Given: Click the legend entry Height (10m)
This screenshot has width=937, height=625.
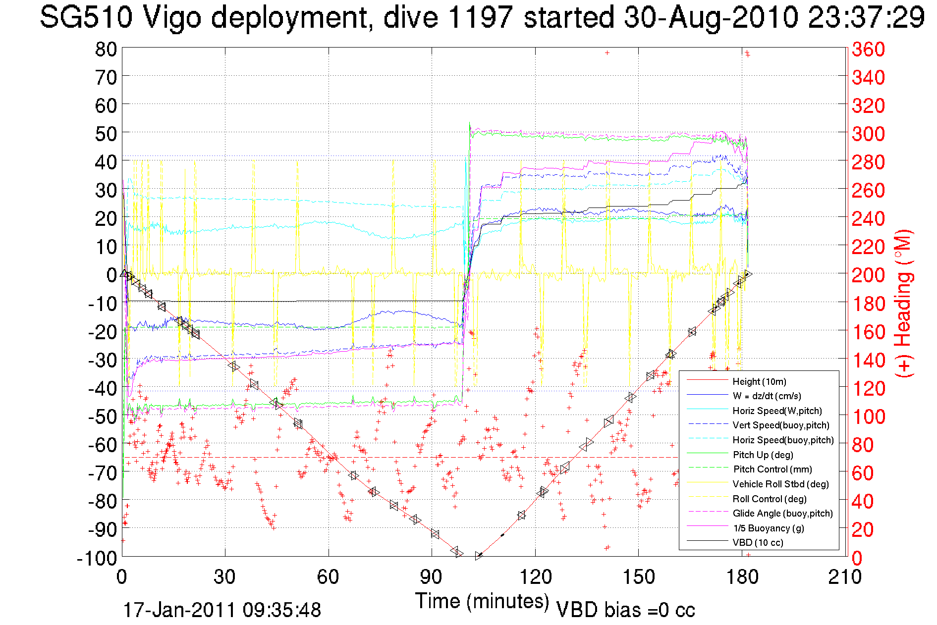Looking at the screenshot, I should (759, 381).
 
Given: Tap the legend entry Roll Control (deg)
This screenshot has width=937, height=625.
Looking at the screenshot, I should (770, 499).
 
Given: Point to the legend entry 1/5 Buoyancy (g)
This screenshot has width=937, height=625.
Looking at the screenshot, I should (769, 528).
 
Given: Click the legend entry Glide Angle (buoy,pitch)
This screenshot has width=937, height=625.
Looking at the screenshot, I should (782, 514).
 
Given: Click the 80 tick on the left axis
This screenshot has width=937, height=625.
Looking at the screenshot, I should (106, 49).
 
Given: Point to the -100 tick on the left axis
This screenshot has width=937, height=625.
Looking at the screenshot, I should (97, 558).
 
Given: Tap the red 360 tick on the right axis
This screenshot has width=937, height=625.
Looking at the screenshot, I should (868, 49).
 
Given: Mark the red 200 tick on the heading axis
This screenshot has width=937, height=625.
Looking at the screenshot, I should (868, 275).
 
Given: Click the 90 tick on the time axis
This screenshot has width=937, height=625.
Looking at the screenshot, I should (431, 577).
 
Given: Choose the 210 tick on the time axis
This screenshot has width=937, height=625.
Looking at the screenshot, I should (845, 577).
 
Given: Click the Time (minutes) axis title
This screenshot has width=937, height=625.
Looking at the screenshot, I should (482, 601).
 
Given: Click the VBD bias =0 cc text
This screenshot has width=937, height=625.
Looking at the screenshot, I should (625, 610).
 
